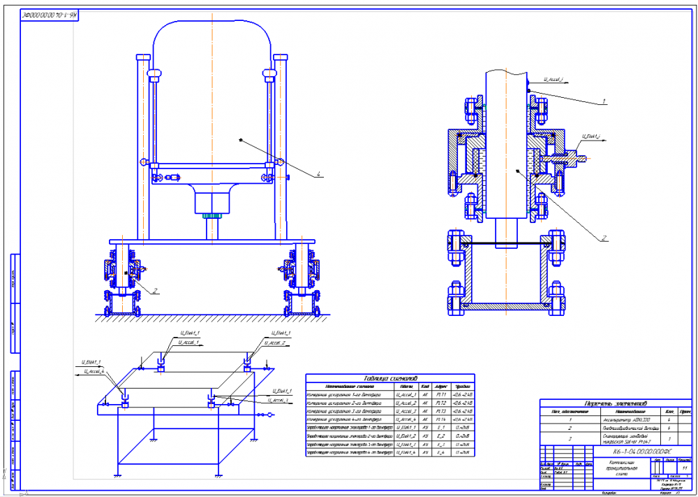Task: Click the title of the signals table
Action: [389, 378]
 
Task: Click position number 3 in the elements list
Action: [570, 438]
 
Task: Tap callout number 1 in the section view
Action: [604, 102]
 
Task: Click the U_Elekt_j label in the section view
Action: [592, 136]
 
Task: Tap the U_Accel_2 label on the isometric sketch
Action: [279, 343]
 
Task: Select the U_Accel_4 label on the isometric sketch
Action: [93, 371]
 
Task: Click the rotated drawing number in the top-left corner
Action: [49, 13]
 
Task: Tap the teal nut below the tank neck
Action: [211, 216]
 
